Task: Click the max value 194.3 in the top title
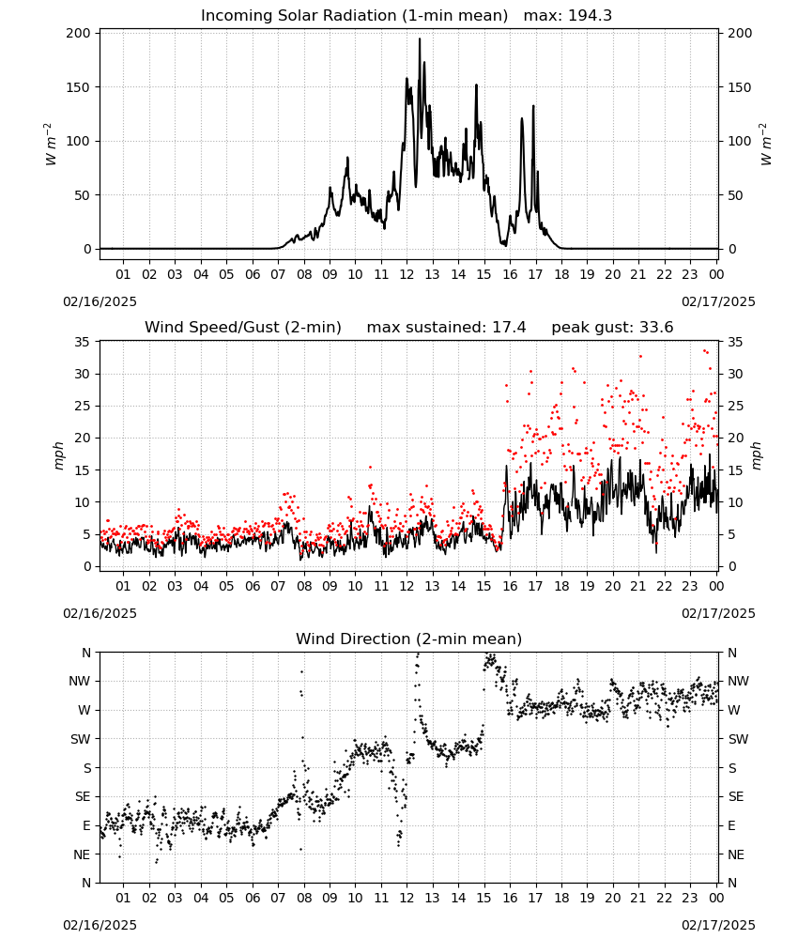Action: click(590, 16)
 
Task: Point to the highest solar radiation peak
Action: click(419, 38)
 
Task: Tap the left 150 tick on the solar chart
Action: click(79, 87)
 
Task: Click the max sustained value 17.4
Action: click(509, 328)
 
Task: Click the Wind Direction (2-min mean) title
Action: click(409, 639)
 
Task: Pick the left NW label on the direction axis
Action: click(80, 681)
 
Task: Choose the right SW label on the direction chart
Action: click(738, 739)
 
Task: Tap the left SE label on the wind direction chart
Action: click(83, 796)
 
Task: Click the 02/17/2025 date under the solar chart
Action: click(718, 301)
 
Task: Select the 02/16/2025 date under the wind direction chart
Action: click(100, 925)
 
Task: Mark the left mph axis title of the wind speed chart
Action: click(58, 455)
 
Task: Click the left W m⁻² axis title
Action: click(51, 145)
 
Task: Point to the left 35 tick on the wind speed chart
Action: click(82, 342)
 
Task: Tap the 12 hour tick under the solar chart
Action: click(407, 274)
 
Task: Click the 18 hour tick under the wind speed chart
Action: click(561, 586)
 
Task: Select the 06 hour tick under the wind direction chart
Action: click(252, 898)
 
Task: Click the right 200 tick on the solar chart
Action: click(740, 34)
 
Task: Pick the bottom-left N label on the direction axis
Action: click(86, 883)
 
